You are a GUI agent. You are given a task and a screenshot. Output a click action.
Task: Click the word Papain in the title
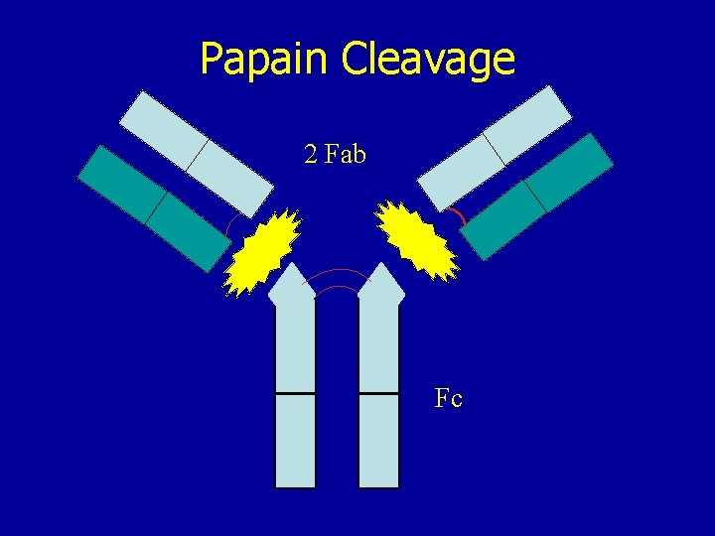(266, 59)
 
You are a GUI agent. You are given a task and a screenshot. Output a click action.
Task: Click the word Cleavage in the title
(428, 59)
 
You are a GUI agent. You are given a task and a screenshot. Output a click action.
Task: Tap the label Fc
(449, 399)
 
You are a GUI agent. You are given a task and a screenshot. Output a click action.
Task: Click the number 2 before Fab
(312, 155)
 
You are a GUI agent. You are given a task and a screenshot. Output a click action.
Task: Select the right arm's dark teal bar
(537, 196)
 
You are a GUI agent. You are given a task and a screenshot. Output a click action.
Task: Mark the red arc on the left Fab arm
(229, 227)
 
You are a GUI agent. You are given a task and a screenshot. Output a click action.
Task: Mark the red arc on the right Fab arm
(456, 216)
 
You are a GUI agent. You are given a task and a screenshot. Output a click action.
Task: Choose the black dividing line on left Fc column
(295, 394)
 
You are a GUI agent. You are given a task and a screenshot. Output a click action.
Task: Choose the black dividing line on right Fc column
(379, 394)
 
